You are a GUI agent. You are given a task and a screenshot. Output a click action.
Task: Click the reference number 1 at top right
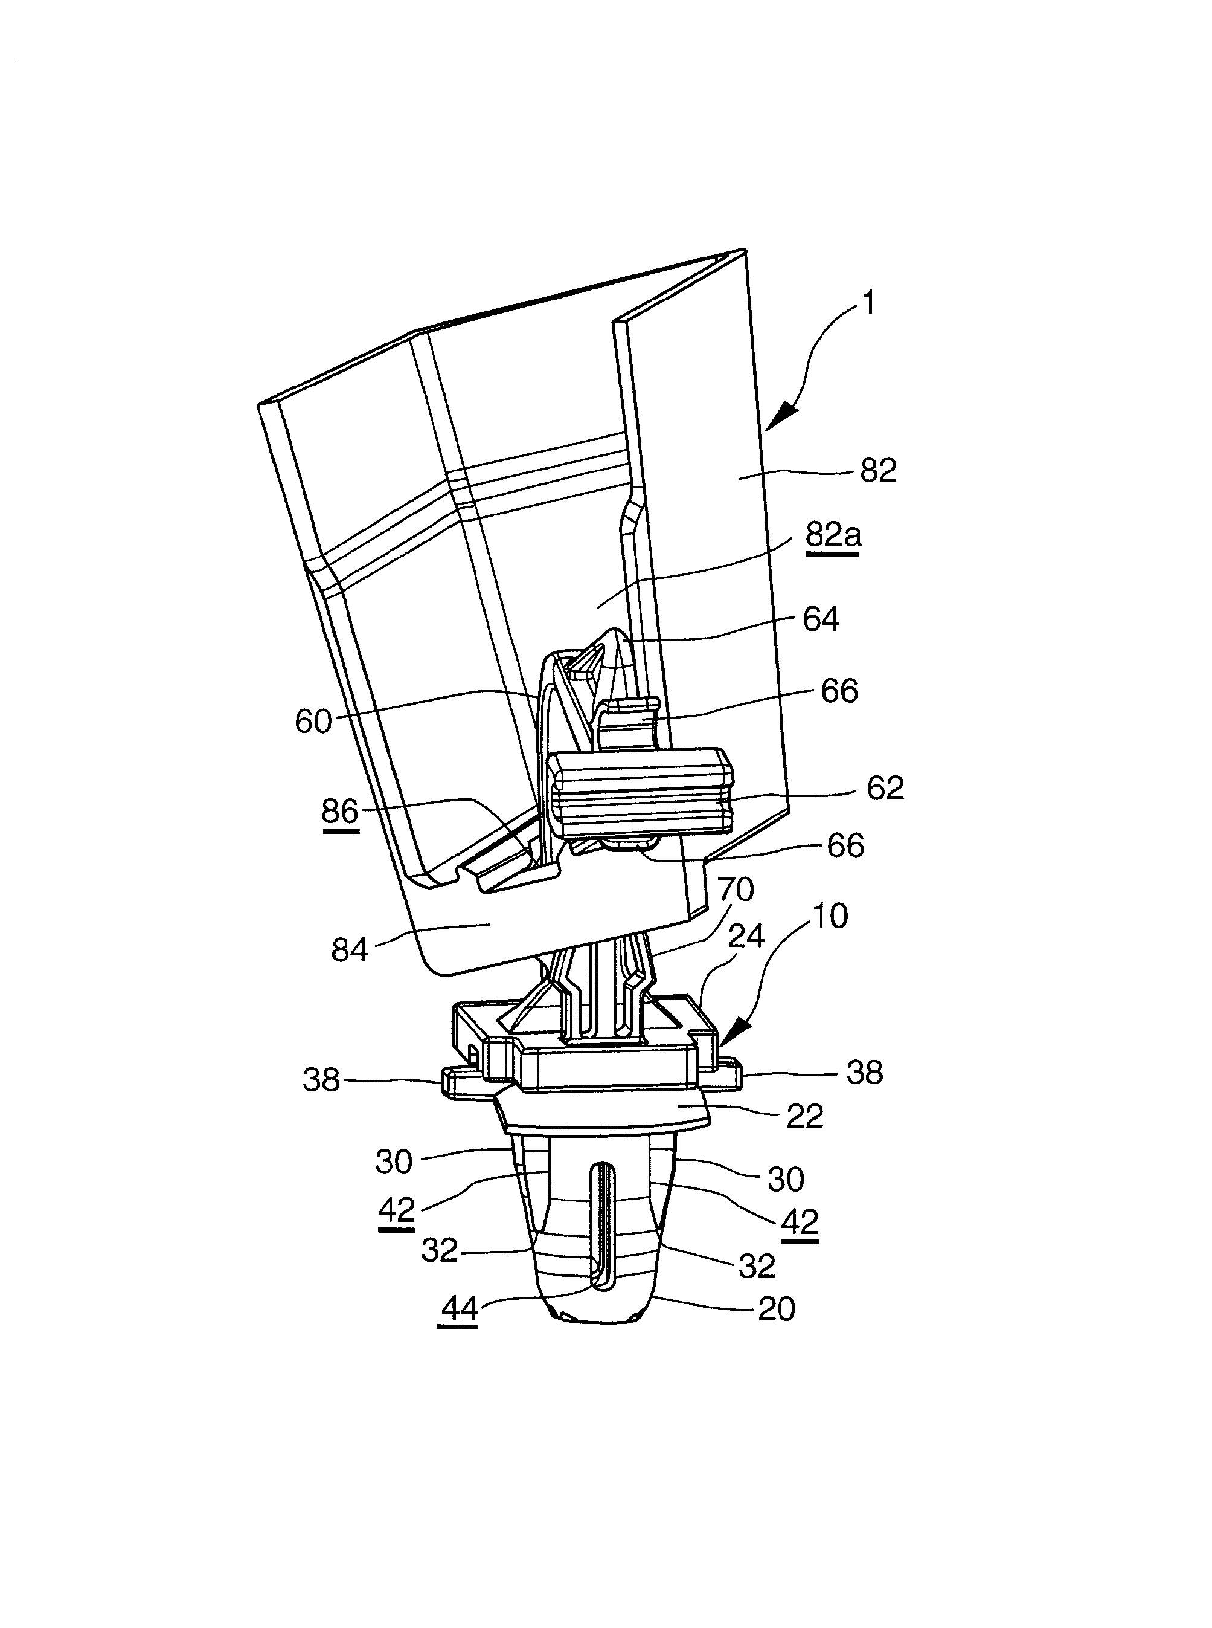(868, 302)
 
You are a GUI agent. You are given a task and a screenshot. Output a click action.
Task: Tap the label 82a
(833, 535)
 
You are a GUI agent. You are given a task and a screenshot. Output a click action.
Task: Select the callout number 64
(821, 619)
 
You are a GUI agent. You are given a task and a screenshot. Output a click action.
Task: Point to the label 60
(313, 722)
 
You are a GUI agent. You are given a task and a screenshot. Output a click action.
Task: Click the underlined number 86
(339, 812)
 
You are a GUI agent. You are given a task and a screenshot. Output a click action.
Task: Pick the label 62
(885, 788)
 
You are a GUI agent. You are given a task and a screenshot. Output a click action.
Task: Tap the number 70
(736, 890)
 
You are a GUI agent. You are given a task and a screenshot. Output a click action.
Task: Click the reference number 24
(746, 937)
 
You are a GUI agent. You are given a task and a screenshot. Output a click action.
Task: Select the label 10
(830, 916)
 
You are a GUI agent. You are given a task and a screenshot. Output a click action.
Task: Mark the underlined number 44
(460, 1309)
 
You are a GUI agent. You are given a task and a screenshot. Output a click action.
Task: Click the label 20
(776, 1309)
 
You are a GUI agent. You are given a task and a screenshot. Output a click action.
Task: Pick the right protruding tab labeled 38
(729, 1075)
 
